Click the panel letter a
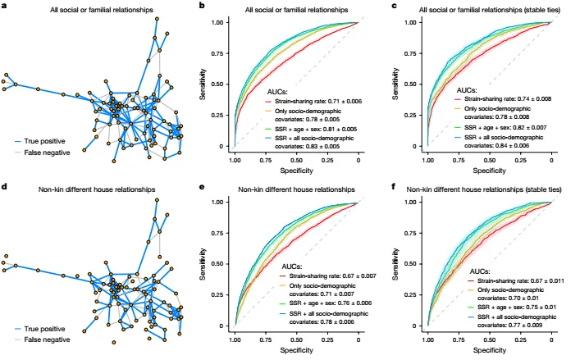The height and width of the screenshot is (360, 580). click(x=4, y=7)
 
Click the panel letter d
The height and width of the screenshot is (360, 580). click(x=4, y=187)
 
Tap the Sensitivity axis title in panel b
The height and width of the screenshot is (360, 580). click(x=204, y=84)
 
